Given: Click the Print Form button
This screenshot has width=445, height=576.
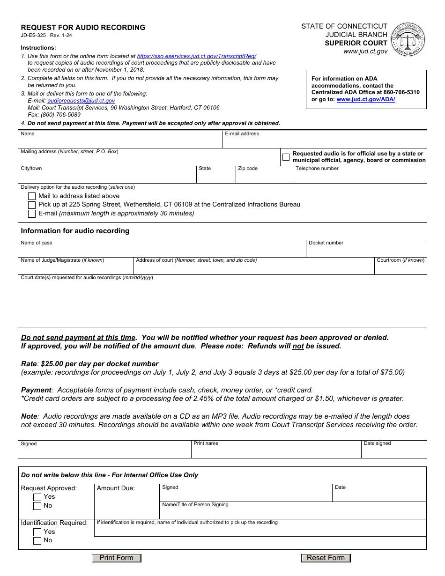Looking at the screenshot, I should [x=116, y=558].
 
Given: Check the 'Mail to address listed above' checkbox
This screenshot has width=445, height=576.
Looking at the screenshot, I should [x=32, y=196].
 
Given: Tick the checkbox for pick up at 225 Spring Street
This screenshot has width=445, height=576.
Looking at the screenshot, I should [x=32, y=205].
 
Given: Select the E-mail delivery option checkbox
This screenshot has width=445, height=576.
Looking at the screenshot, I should [x=32, y=214].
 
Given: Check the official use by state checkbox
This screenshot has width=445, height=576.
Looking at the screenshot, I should [x=286, y=157].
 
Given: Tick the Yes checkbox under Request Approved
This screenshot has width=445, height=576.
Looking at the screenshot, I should [x=37, y=497].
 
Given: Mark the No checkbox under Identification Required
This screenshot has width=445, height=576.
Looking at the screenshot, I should [x=37, y=541].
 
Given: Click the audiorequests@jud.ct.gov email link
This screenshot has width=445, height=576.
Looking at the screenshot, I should [x=81, y=101].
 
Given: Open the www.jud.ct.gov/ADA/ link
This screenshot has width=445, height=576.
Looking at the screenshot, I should [x=365, y=99].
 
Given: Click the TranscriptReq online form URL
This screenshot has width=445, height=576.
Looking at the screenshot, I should [x=196, y=56].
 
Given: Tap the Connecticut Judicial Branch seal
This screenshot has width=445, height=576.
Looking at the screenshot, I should [x=408, y=39].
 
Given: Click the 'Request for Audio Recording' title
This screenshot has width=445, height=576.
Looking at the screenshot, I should [x=83, y=28].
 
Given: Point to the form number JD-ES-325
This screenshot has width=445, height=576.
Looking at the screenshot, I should [x=33, y=36].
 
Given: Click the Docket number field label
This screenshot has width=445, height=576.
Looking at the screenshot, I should [x=326, y=243].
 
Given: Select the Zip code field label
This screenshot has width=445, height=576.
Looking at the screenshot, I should [x=248, y=169].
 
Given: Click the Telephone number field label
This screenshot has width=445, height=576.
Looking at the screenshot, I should [x=317, y=169].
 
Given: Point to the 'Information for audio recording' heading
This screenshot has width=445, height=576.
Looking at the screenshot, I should [x=75, y=231].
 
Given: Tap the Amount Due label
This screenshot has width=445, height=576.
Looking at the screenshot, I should [x=116, y=488].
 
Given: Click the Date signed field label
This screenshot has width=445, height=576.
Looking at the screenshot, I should [x=377, y=443].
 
